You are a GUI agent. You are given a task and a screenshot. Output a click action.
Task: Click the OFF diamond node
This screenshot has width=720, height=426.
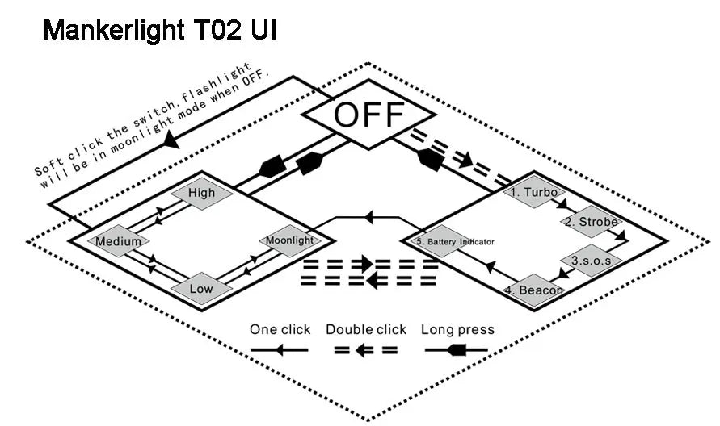click(x=368, y=115)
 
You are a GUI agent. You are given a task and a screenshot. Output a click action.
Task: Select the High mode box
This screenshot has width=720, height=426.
click(x=201, y=193)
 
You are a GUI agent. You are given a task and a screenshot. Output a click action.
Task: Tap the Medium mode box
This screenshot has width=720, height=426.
click(x=118, y=240)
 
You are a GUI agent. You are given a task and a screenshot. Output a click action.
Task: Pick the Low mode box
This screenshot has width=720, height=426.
click(x=201, y=288)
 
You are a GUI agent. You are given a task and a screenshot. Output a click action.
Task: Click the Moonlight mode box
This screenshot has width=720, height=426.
click(x=289, y=240)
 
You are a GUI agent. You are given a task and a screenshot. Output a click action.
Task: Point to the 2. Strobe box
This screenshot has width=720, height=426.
click(x=590, y=222)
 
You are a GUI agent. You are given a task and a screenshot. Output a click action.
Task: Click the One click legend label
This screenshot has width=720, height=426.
click(x=280, y=329)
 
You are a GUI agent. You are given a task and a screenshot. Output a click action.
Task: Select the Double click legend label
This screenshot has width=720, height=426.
click(x=366, y=329)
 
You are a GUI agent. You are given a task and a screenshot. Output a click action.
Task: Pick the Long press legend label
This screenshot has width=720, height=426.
click(x=457, y=329)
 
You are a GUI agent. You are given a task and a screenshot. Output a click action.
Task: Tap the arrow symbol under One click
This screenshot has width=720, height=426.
click(x=280, y=350)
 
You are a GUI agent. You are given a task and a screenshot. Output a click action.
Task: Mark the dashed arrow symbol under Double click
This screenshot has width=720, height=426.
click(x=366, y=350)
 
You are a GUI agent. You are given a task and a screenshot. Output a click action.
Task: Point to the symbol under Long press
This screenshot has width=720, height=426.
click(x=457, y=350)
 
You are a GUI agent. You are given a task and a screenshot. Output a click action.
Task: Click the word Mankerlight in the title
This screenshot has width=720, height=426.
click(x=116, y=30)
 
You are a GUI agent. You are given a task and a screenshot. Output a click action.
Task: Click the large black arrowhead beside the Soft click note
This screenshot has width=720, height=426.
click(x=171, y=139)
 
